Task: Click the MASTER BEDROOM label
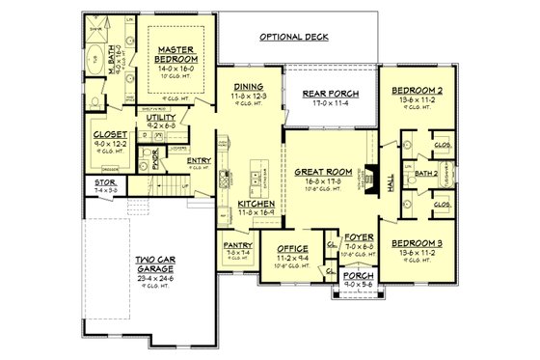pos(179,52)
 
